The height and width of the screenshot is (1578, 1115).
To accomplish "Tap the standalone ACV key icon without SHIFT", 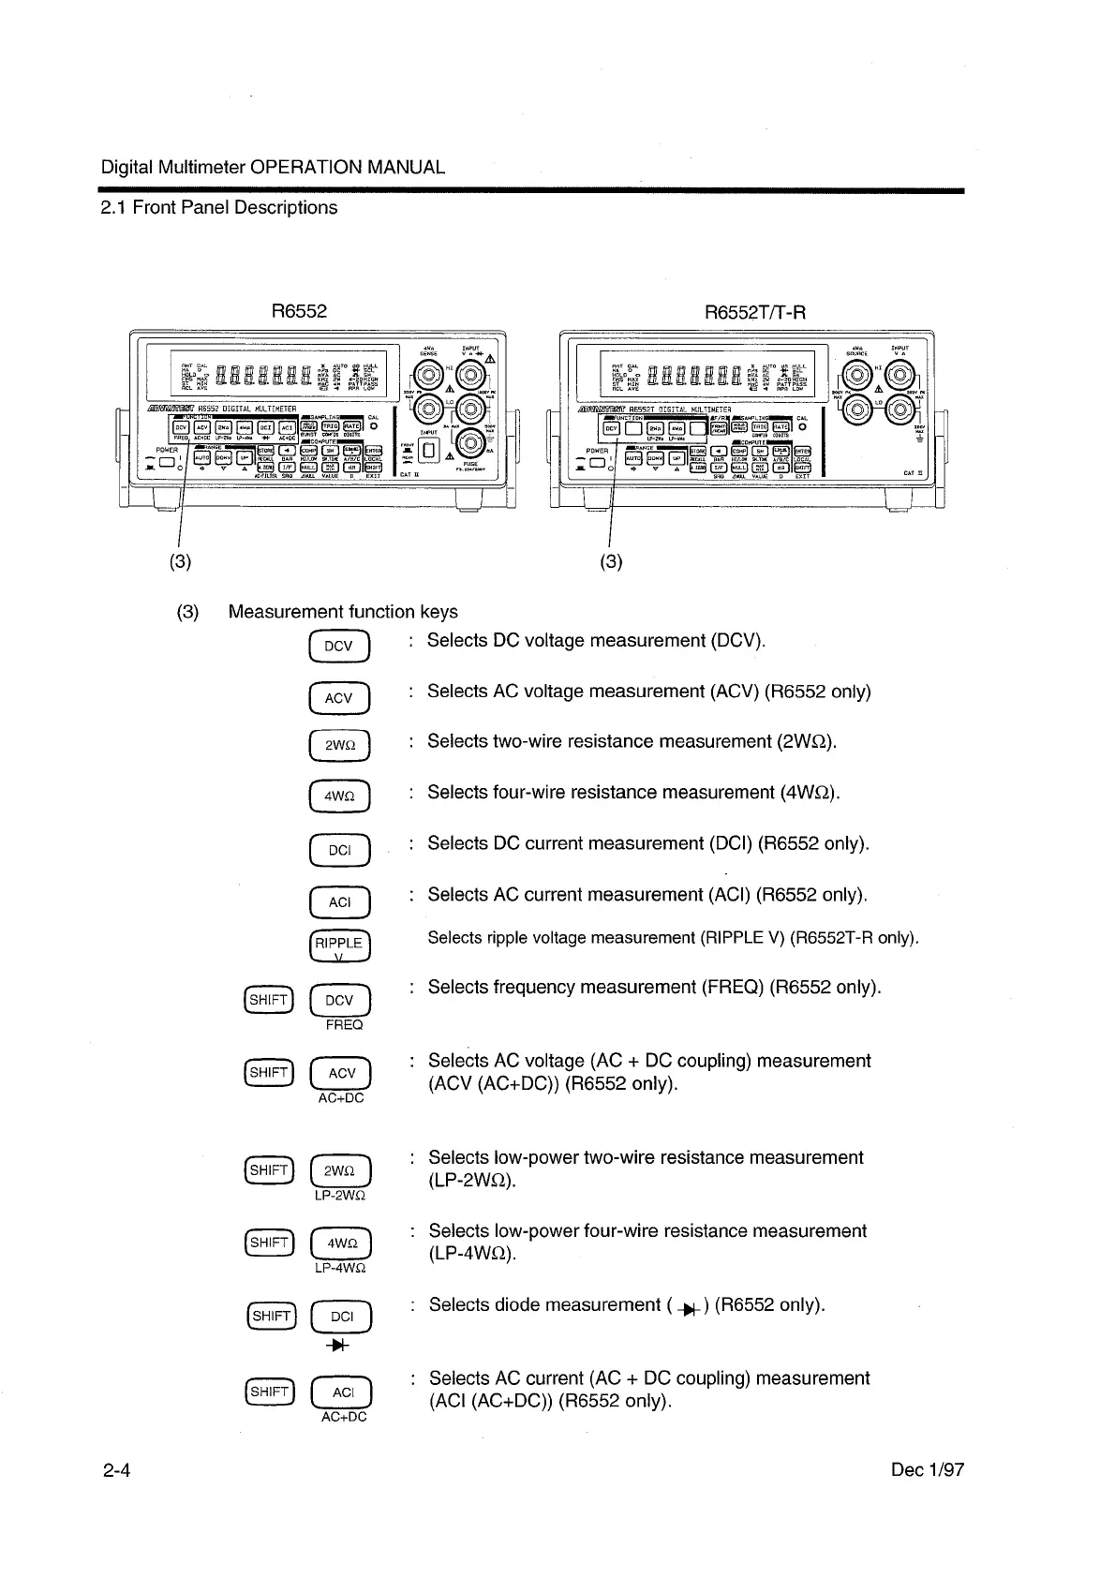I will pyautogui.click(x=339, y=698).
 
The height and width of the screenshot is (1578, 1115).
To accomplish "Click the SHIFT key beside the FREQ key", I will pyautogui.click(x=268, y=1000).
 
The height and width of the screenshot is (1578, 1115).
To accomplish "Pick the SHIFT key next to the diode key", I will pyautogui.click(x=270, y=1317).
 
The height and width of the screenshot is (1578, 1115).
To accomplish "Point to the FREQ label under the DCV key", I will pyautogui.click(x=344, y=1025).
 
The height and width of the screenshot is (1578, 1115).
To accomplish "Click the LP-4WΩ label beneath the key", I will pyautogui.click(x=340, y=1268).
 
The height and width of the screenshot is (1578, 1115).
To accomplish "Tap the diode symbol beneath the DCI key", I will pyautogui.click(x=340, y=1346).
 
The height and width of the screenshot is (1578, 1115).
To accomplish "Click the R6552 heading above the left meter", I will pyautogui.click(x=299, y=311).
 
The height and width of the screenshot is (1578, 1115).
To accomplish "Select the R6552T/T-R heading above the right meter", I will pyautogui.click(x=754, y=311).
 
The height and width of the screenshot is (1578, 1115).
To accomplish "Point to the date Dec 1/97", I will pyautogui.click(x=928, y=1469).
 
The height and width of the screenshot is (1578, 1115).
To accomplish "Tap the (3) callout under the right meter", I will pyautogui.click(x=610, y=561).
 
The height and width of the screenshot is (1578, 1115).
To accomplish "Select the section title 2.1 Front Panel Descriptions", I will pyautogui.click(x=219, y=207).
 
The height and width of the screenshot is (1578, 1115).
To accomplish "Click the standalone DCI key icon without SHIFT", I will pyautogui.click(x=339, y=851).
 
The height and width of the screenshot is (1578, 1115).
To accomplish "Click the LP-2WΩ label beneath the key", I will pyautogui.click(x=340, y=1195).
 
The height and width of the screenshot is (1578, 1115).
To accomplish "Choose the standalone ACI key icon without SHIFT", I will pyautogui.click(x=339, y=902).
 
